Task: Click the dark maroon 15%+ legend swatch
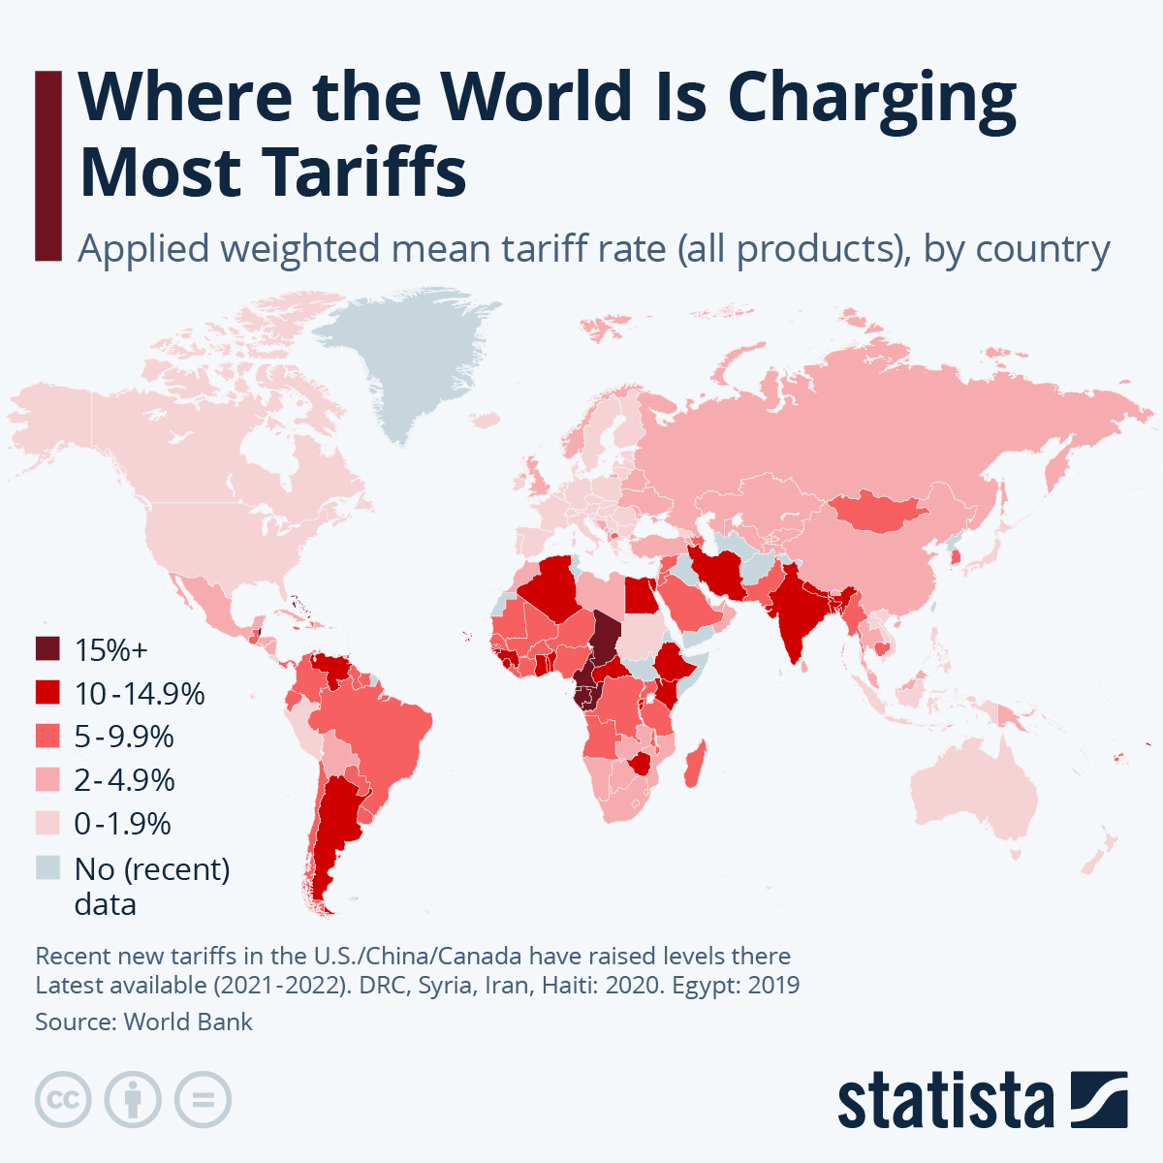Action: tap(47, 648)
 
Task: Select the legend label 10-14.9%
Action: tap(140, 693)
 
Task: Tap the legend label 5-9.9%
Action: tap(124, 737)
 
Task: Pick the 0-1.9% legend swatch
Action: tap(47, 823)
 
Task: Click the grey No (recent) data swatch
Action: tap(47, 867)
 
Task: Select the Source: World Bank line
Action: tap(143, 1022)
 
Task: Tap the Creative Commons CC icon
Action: tap(63, 1100)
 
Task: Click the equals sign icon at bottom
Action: tap(204, 1100)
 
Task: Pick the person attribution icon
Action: tap(133, 1100)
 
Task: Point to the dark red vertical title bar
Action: tap(47, 165)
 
